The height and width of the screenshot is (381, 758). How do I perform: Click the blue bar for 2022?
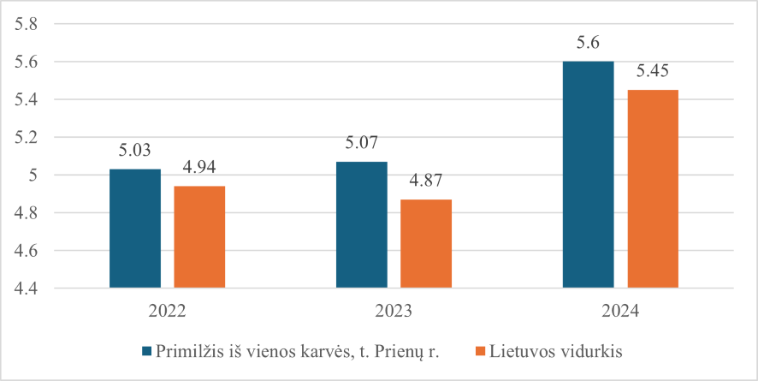tap(135, 229)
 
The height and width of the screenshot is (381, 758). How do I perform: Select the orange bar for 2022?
tap(199, 237)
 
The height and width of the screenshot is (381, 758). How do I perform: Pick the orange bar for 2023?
tap(426, 244)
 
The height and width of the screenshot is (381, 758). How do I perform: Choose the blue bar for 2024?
tap(588, 175)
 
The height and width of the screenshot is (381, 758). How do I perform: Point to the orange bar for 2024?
tap(653, 189)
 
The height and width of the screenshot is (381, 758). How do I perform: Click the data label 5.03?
tap(135, 151)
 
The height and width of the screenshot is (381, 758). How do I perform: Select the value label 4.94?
tap(199, 168)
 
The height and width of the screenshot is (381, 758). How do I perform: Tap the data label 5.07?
tap(361, 143)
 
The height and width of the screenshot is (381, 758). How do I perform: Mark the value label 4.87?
tap(426, 181)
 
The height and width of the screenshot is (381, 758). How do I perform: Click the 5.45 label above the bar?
tap(653, 71)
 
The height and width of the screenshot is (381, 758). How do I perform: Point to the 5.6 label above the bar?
tap(588, 43)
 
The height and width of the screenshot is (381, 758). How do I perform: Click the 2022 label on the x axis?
tap(167, 311)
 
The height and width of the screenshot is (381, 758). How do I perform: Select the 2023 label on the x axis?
tap(394, 311)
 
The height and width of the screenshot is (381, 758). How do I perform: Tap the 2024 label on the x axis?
tap(619, 311)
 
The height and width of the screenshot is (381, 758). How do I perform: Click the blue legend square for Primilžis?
tap(147, 351)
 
